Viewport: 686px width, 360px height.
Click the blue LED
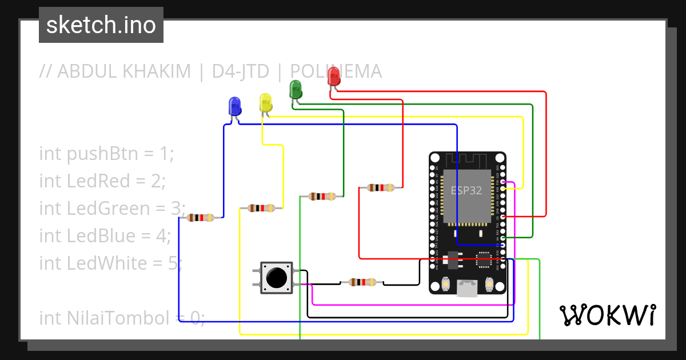234,106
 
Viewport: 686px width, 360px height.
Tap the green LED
296,89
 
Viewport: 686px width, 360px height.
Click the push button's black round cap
277,278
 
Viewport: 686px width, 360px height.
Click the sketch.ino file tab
101,25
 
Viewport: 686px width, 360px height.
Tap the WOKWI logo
607,315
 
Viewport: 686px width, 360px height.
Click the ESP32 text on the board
466,191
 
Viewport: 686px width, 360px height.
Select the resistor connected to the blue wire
201,218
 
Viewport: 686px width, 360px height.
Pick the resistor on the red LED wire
380,187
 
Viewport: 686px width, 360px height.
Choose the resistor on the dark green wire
322,197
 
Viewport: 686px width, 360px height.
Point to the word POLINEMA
336,71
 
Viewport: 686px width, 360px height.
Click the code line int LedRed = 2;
102,181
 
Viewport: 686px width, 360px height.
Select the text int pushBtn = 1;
106,154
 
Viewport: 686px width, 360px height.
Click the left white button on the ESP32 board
445,284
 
